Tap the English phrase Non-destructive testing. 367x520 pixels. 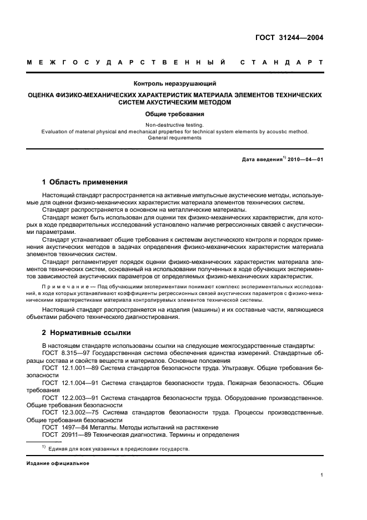tap(175, 125)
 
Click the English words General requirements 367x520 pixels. tap(175, 138)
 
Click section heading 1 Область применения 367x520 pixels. tap(85, 182)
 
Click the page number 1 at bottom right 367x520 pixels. tap(321, 475)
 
